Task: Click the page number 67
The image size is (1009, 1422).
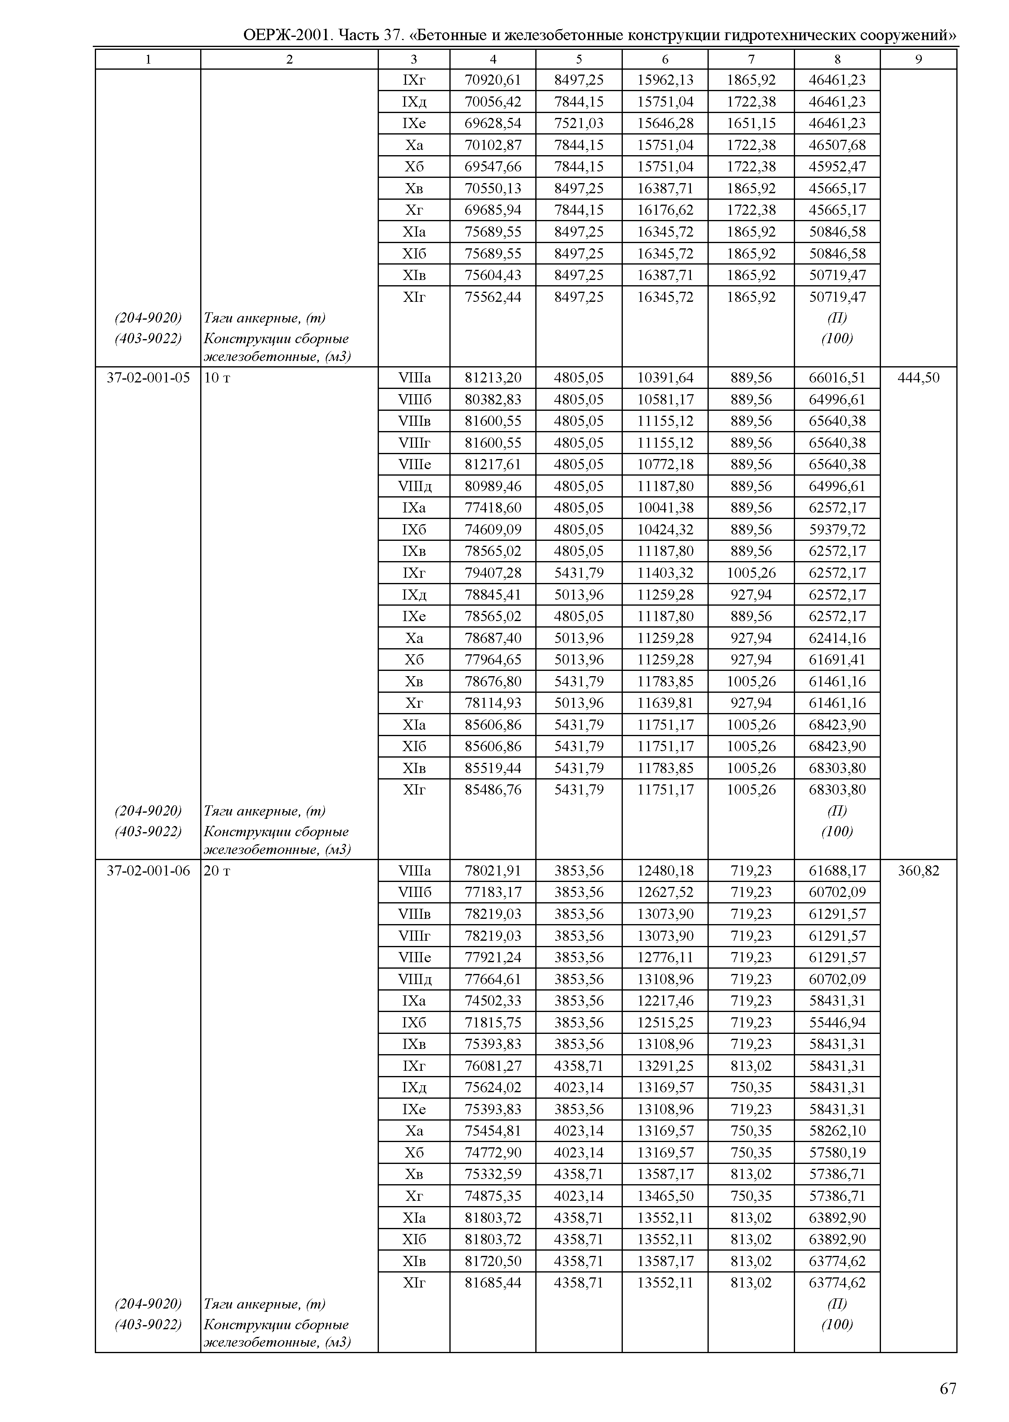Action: pos(947,1388)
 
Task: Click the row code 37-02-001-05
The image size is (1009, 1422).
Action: pos(148,378)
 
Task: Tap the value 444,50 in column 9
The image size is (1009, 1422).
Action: pos(918,378)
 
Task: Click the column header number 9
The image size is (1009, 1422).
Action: pos(918,59)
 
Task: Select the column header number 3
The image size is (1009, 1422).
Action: pos(414,59)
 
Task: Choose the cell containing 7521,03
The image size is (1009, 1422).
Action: pos(578,123)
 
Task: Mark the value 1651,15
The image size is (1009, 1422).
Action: pos(751,123)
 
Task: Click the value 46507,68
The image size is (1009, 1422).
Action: pos(837,145)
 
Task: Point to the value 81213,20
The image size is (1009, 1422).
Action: pos(493,378)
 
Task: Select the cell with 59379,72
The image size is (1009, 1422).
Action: pos(837,529)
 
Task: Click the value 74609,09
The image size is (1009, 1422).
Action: pos(493,529)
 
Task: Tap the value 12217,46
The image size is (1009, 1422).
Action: pos(665,1001)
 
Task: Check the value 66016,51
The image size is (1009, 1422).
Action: pos(837,378)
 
